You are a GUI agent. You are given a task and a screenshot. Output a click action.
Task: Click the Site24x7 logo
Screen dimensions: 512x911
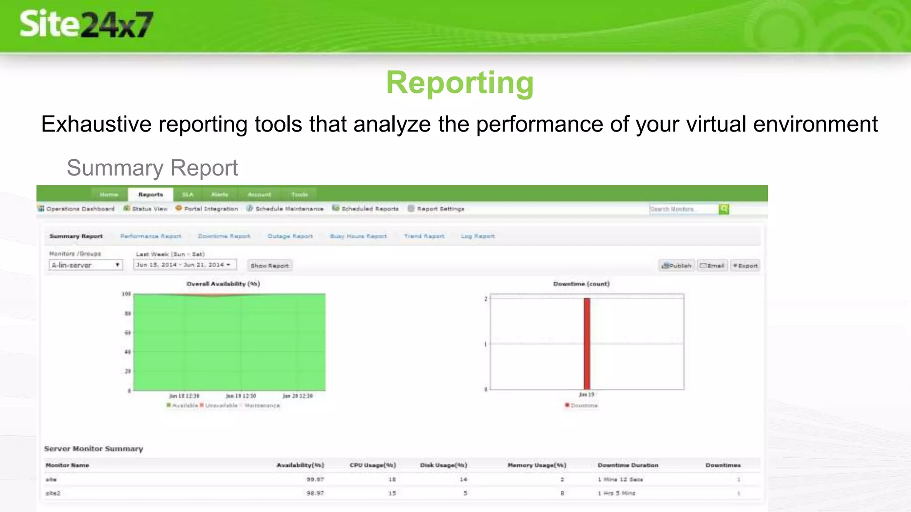tap(86, 24)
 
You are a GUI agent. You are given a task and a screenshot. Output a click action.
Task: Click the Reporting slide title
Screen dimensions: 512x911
tap(460, 83)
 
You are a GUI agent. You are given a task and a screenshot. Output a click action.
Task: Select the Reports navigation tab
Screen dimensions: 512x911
tap(150, 195)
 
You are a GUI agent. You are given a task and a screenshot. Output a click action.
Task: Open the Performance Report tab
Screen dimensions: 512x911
tap(150, 236)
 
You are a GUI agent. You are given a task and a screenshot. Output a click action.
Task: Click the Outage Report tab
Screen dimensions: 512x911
tap(290, 236)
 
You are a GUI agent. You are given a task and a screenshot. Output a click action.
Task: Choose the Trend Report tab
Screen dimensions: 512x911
tap(424, 236)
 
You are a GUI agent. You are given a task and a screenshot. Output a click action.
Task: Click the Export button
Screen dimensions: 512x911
tap(746, 266)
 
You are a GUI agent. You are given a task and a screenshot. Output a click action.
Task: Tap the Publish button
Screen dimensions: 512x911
tap(677, 266)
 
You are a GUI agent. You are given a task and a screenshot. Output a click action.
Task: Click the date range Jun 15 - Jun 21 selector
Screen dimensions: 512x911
tap(184, 265)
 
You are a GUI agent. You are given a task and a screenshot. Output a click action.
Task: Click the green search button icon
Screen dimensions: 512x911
tap(724, 209)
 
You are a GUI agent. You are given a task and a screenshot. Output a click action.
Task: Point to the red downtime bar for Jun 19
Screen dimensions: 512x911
tap(587, 344)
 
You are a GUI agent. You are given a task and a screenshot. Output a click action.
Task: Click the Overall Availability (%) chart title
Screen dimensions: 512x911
tap(223, 284)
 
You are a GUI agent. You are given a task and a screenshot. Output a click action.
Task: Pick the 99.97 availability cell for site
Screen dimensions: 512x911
tap(315, 480)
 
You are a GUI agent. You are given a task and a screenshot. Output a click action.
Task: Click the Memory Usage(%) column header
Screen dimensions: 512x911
tap(536, 465)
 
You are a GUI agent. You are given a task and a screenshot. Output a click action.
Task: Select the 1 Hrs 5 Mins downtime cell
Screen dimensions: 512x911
tap(617, 493)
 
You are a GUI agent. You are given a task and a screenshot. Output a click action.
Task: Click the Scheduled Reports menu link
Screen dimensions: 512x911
tap(369, 209)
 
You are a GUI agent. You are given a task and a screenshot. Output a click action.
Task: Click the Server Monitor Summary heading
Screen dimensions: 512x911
tap(93, 449)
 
